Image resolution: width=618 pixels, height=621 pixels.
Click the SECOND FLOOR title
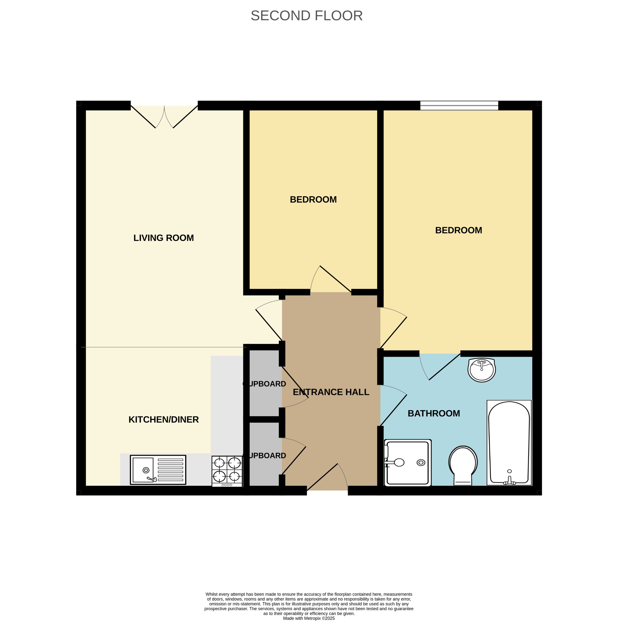(307, 16)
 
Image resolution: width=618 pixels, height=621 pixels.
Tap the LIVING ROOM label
(164, 238)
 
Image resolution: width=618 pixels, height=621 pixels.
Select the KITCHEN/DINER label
(164, 419)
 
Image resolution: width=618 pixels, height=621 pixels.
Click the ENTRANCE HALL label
(331, 392)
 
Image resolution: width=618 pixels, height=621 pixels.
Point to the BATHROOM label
(434, 413)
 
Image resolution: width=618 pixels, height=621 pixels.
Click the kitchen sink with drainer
(158, 470)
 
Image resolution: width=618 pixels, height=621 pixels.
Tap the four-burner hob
(227, 471)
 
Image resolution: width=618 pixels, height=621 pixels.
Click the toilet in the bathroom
(463, 465)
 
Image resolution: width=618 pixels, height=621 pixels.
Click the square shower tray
(407, 463)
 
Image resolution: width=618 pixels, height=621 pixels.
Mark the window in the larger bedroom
(459, 105)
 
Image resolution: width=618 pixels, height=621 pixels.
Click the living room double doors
(164, 116)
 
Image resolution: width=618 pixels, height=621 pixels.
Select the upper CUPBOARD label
(265, 384)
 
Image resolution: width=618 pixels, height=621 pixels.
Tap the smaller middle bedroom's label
(313, 200)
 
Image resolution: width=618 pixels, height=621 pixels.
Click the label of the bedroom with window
(458, 230)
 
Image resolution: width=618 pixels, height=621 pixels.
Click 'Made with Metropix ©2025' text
(309, 618)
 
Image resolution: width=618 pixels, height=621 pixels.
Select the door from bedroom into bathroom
(440, 366)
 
